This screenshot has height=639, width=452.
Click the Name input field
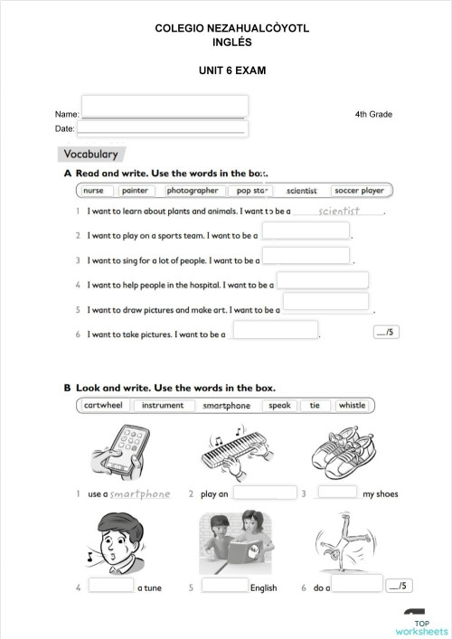click(164, 107)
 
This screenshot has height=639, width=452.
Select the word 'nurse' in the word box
click(94, 191)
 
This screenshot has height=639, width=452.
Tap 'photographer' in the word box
click(193, 191)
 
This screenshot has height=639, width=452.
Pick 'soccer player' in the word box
click(359, 191)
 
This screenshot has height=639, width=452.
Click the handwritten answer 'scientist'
click(339, 211)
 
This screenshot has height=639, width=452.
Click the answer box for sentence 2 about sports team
click(306, 231)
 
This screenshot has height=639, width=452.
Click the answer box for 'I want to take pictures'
click(275, 331)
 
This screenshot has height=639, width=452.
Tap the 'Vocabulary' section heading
click(90, 155)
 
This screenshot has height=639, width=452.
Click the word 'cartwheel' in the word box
click(103, 406)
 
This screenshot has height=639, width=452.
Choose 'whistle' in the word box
click(352, 406)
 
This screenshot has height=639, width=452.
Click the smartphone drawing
click(118, 451)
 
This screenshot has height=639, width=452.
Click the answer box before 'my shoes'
click(337, 493)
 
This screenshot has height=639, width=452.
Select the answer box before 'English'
click(224, 585)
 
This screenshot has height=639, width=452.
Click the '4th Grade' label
click(373, 115)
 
